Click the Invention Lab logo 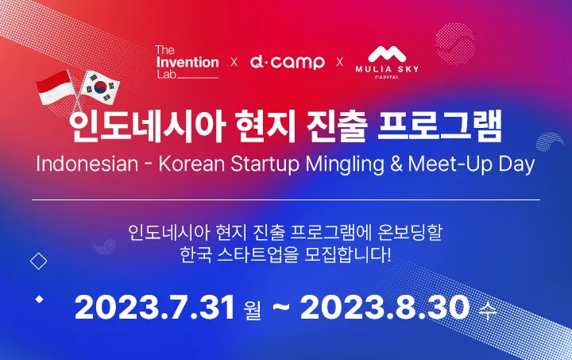pyautogui.click(x=187, y=62)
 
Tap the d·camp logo pyautogui.click(x=287, y=62)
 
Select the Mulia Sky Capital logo pyautogui.click(x=387, y=62)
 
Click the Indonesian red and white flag pyautogui.click(x=54, y=87)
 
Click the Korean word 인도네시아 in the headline pyautogui.click(x=146, y=126)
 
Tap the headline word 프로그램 pyautogui.click(x=439, y=126)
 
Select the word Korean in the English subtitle pyautogui.click(x=191, y=164)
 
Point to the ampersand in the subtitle pyautogui.click(x=396, y=164)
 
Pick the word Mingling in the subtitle pyautogui.click(x=345, y=165)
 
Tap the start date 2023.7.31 pyautogui.click(x=155, y=308)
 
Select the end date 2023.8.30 pyautogui.click(x=385, y=308)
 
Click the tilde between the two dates pyautogui.click(x=281, y=308)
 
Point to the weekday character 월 pyautogui.click(x=252, y=310)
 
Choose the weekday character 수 pyautogui.click(x=488, y=310)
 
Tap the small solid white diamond pyautogui.click(x=39, y=300)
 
